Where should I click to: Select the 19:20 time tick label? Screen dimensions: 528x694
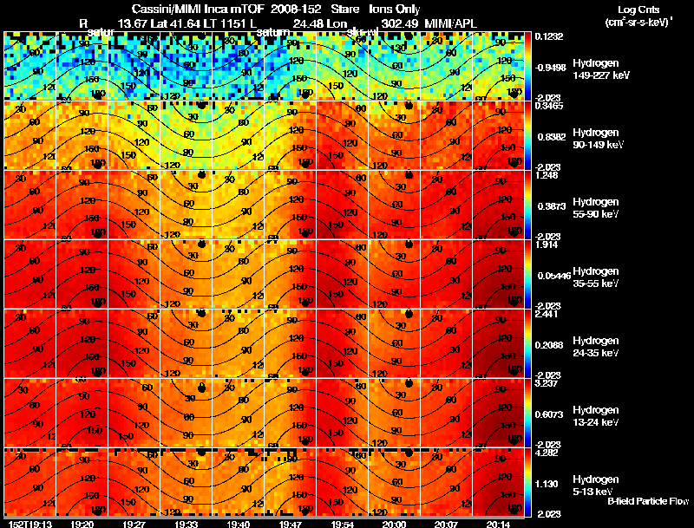(x=82, y=524)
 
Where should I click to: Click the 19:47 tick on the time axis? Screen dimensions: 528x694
(x=289, y=524)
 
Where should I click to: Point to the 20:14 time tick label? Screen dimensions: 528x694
(x=497, y=524)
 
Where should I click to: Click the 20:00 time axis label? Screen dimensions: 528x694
(x=394, y=524)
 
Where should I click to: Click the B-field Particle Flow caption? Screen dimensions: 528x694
(x=647, y=501)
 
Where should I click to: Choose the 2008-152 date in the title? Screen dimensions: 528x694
(x=292, y=8)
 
